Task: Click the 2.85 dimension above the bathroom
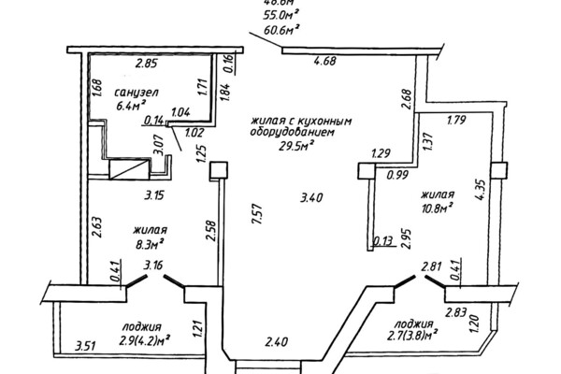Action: tap(145, 64)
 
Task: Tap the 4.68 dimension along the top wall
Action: tap(324, 63)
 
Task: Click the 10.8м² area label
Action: tap(436, 207)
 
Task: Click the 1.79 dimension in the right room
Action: tap(458, 120)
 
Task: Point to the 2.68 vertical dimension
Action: tap(406, 98)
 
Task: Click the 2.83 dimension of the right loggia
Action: tap(457, 312)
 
